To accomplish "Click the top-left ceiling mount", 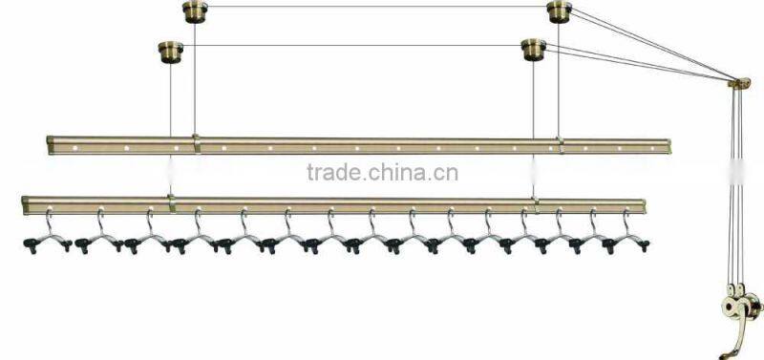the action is pos(195,11).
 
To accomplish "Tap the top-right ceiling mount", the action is pos(560,11).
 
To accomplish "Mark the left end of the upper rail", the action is pos(51,145).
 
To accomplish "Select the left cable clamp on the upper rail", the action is pos(196,143).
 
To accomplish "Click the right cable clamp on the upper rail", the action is pos(561,145).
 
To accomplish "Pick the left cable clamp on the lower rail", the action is pos(171,201).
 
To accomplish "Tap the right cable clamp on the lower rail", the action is pos(535,203).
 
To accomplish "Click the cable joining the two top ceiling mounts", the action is pos(377,8).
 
